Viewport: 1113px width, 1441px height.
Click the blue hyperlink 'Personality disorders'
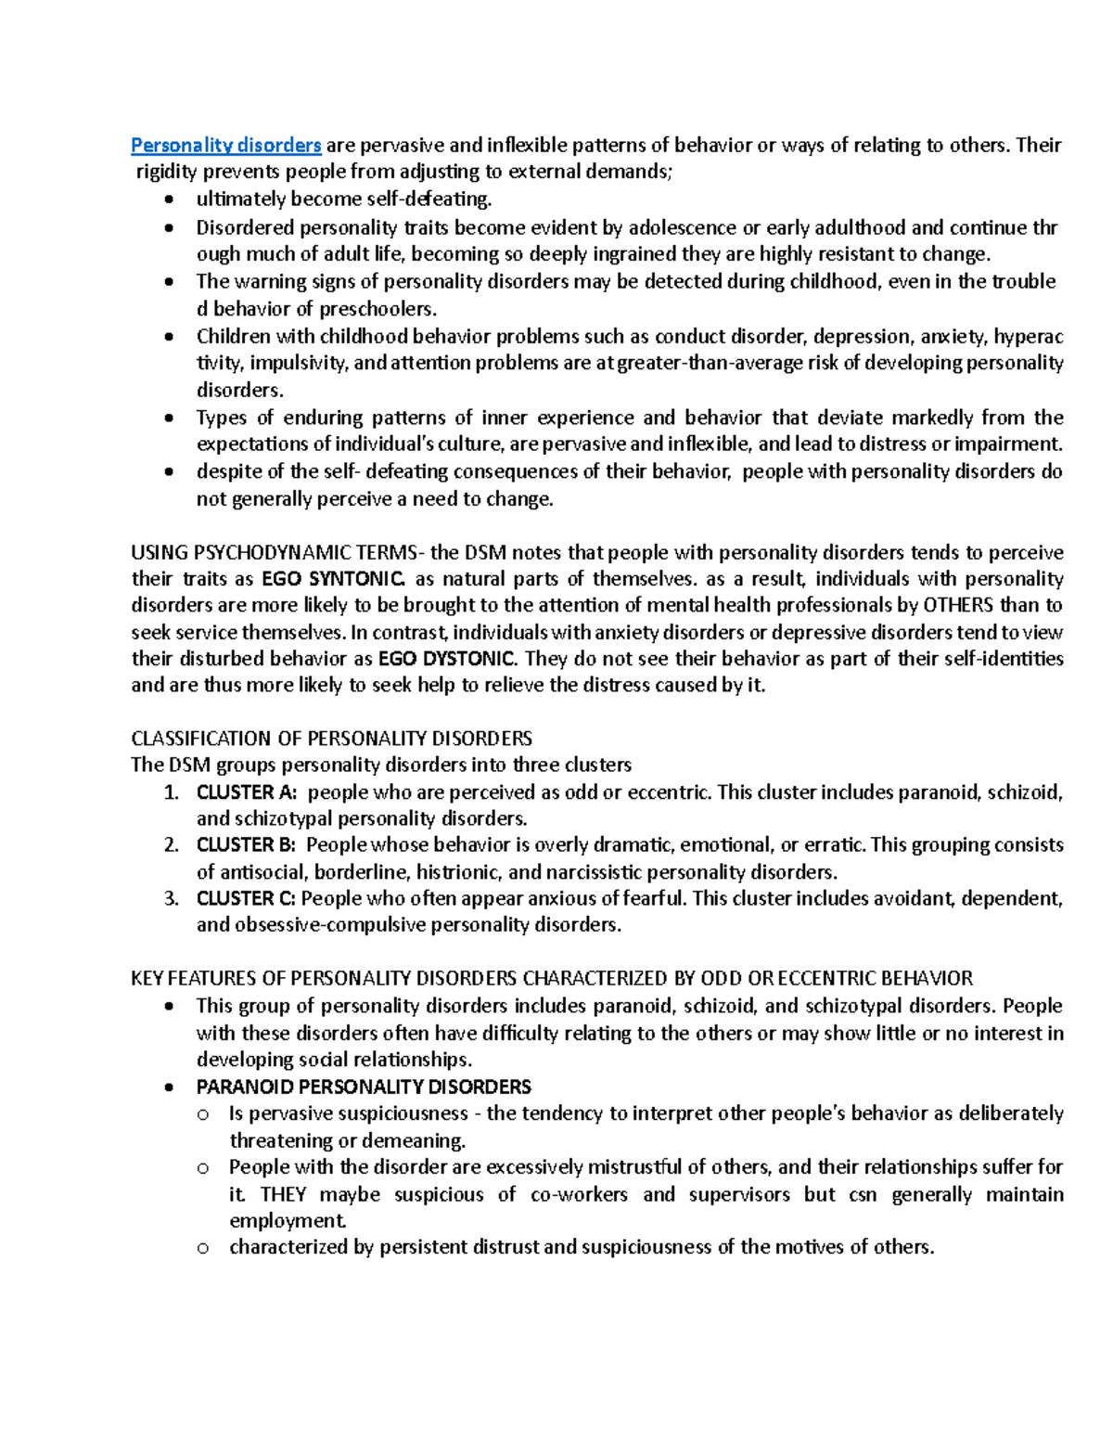(225, 145)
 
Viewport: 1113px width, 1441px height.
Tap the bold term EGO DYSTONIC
(446, 659)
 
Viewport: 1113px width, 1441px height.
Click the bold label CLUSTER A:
(246, 792)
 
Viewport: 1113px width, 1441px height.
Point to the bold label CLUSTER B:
(246, 845)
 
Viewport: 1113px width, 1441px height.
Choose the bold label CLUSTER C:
(246, 898)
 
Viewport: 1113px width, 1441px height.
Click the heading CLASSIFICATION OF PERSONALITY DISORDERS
(331, 739)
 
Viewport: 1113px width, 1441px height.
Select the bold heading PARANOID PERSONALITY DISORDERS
(364, 1087)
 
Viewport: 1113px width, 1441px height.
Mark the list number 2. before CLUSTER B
(171, 845)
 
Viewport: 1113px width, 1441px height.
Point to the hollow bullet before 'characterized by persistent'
(203, 1249)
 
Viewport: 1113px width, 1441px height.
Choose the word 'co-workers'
(579, 1194)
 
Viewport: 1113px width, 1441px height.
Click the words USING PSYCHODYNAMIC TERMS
(275, 553)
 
